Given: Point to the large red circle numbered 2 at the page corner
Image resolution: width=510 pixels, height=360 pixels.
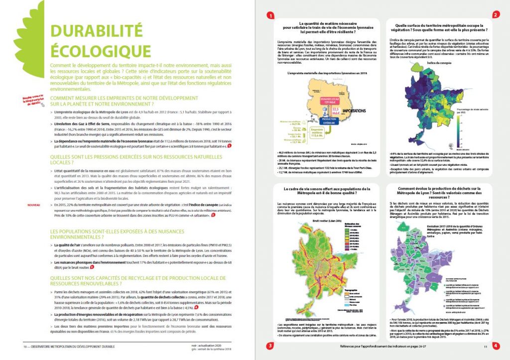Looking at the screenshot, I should tap(496, 14).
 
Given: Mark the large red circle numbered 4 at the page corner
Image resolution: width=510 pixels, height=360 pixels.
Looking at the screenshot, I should tap(496, 345).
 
